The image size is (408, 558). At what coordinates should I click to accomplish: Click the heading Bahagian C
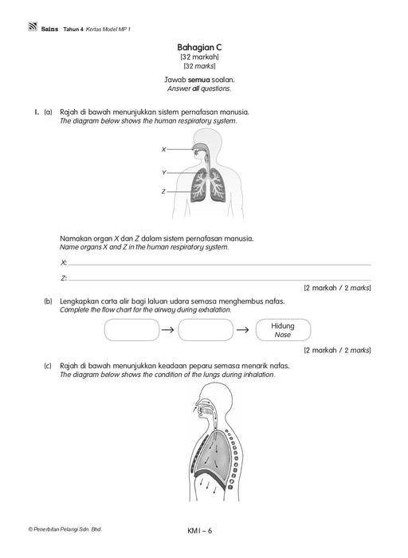click(199, 47)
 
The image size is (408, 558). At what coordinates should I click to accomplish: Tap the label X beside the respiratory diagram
click(163, 150)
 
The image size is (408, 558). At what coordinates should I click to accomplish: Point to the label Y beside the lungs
click(163, 173)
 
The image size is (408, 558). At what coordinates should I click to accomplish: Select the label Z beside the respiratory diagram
click(163, 191)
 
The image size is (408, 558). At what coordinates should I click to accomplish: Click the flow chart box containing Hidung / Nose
click(283, 330)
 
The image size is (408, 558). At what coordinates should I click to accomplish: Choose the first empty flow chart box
click(132, 330)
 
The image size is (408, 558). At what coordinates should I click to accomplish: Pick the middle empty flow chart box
click(206, 330)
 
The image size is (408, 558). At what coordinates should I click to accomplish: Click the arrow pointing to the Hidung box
click(242, 330)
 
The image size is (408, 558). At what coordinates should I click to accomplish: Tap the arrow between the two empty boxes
click(167, 330)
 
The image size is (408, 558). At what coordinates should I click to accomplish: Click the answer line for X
click(219, 265)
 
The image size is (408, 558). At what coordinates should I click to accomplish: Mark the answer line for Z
click(219, 280)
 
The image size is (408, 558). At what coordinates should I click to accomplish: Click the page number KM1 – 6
click(199, 531)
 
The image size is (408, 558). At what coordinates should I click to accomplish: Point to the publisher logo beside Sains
click(33, 26)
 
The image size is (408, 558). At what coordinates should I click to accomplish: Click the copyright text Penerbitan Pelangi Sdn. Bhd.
click(65, 529)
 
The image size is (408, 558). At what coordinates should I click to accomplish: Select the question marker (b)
click(48, 301)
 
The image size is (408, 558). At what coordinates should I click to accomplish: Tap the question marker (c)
click(48, 366)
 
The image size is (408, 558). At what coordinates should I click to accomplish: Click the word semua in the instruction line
click(199, 80)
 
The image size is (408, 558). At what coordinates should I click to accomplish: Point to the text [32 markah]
click(199, 57)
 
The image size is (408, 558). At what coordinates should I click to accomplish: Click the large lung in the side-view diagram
click(212, 453)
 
